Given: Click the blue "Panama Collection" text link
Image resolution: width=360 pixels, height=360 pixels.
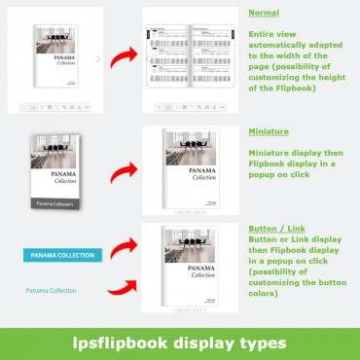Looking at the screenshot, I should click(x=51, y=290).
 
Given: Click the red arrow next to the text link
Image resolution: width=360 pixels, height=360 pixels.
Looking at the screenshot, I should click(x=121, y=289).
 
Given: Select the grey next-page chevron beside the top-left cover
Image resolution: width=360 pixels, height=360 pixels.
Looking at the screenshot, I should click(x=98, y=59).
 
